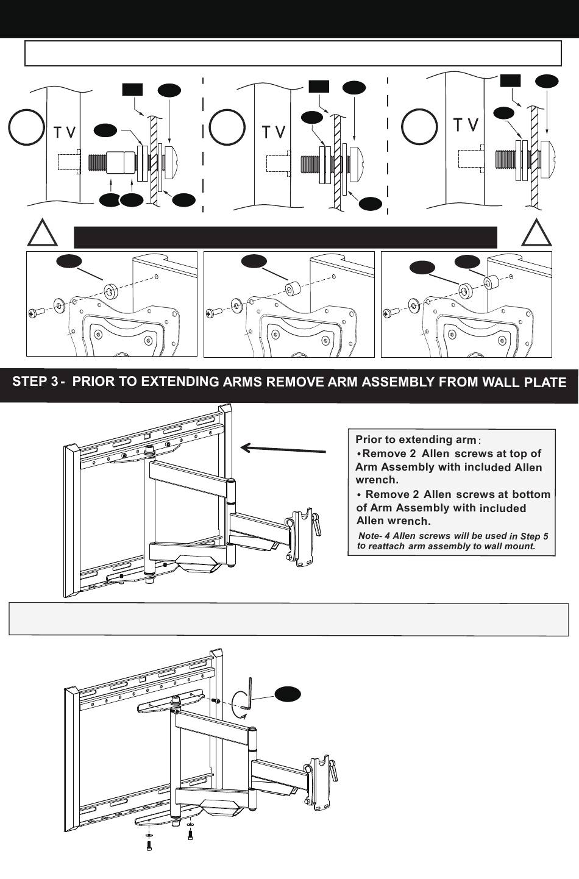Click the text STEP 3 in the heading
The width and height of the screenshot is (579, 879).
(35, 382)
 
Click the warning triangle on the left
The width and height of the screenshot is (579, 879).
(41, 234)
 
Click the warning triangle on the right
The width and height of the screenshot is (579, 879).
(536, 234)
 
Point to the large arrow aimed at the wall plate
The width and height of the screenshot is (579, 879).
(283, 449)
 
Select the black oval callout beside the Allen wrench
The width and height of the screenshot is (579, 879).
(288, 694)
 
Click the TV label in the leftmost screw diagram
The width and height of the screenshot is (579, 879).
(65, 132)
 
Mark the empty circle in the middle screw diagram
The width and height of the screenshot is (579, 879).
(227, 127)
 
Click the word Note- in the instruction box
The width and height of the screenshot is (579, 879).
(370, 536)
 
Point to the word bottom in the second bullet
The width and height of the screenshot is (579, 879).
(531, 494)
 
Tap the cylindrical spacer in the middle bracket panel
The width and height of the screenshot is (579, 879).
(292, 287)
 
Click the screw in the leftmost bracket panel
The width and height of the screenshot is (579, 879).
(34, 313)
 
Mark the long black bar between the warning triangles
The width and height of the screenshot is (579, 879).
(285, 237)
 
